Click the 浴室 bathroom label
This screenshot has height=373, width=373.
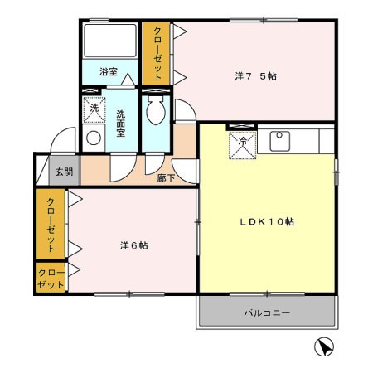tap(109, 72)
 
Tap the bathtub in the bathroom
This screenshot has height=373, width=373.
tap(110, 41)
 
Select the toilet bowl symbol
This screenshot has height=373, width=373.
tap(156, 110)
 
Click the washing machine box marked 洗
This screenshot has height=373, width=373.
tap(94, 110)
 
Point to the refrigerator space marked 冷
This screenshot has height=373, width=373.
tap(243, 145)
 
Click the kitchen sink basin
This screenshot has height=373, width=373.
tap(280, 141)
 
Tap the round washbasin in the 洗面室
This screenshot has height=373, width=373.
tap(94, 138)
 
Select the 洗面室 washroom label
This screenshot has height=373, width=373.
tap(121, 124)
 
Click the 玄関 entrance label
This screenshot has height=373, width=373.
tap(64, 172)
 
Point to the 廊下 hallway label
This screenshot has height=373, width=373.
tap(166, 178)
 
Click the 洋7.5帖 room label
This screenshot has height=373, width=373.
tap(255, 76)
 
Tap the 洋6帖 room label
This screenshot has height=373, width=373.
tap(134, 245)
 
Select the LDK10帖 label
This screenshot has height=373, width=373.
tap(267, 221)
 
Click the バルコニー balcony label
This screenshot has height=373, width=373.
tap(267, 313)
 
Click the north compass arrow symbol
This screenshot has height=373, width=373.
tap(324, 347)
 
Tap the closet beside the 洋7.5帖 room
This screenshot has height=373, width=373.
tap(156, 53)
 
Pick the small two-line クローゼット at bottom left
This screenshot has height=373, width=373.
tap(51, 278)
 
